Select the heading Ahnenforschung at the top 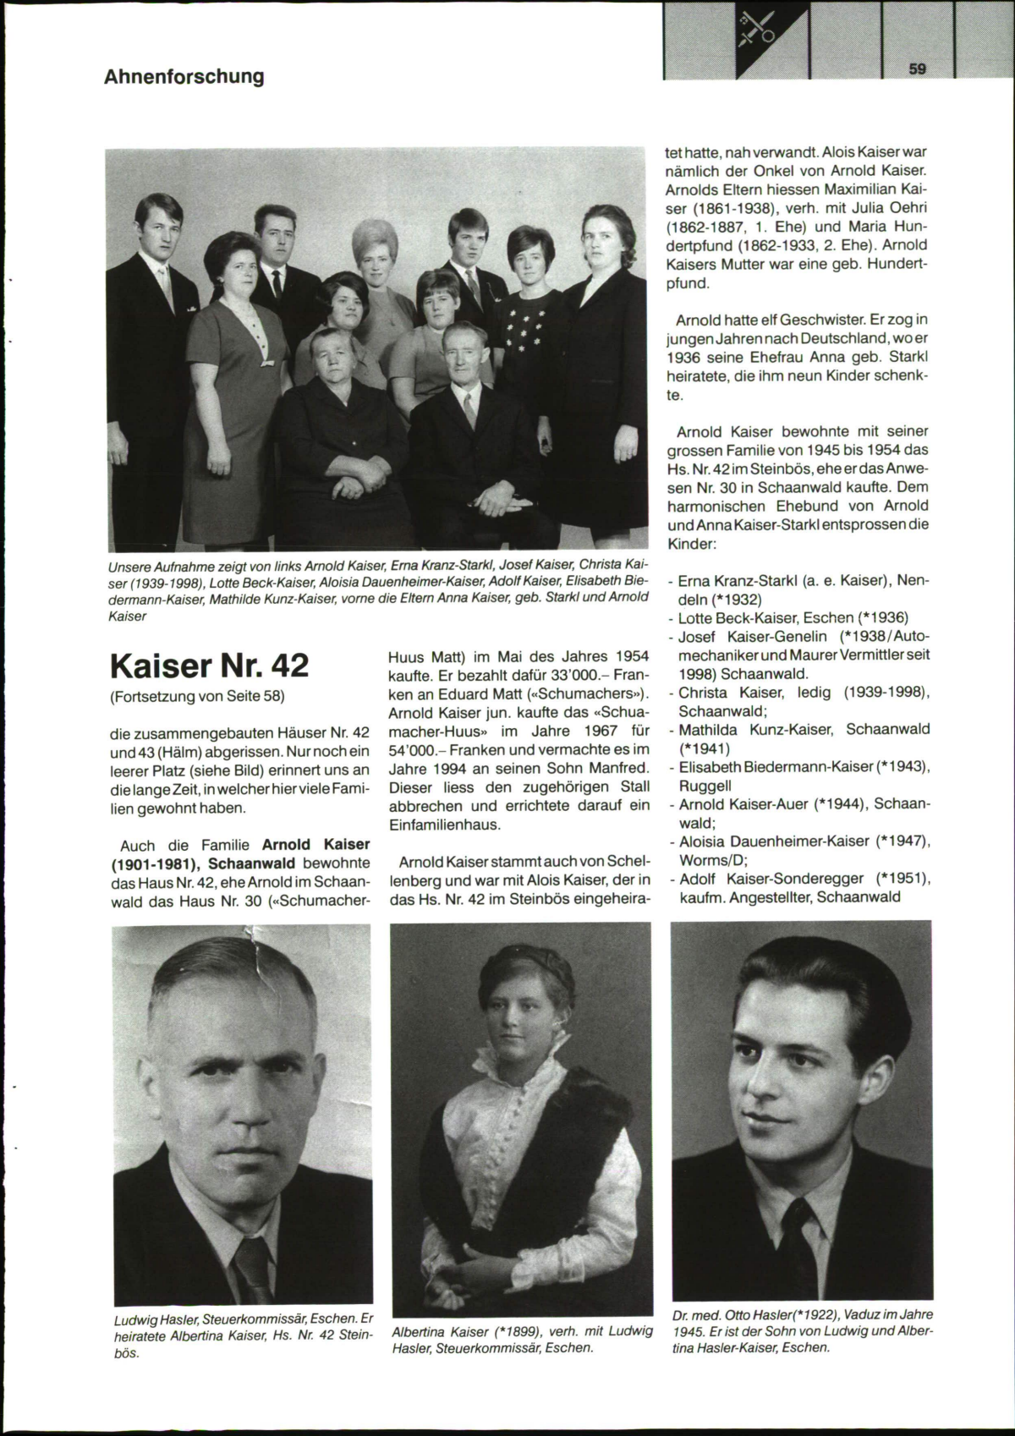click(184, 77)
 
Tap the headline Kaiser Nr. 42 click(210, 666)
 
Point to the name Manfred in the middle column click(617, 768)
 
